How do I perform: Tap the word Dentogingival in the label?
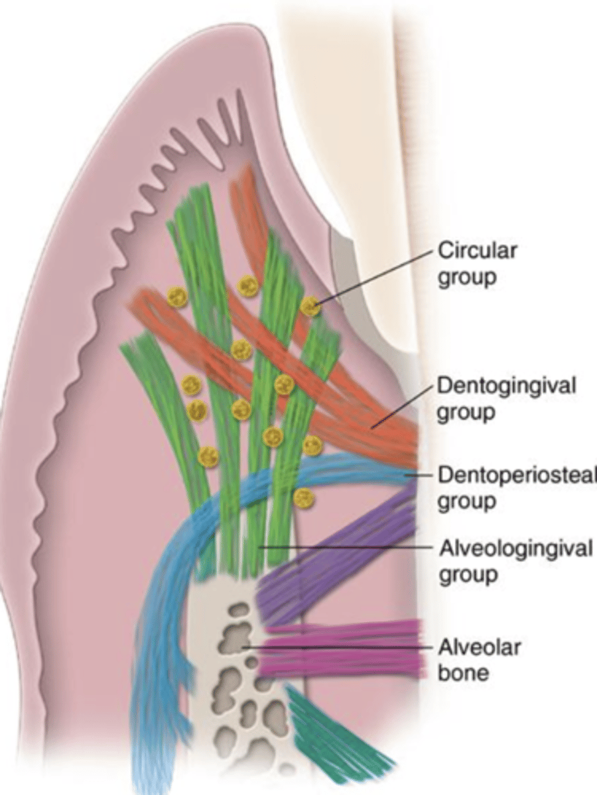coord(506,386)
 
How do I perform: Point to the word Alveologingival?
coord(515,549)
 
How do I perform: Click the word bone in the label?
coord(463,673)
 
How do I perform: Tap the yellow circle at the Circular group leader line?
coord(310,305)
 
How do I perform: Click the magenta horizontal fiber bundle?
coord(345,648)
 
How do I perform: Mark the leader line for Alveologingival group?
coord(345,547)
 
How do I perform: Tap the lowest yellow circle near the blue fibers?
coord(303,498)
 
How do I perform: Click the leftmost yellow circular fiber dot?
coord(176,297)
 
